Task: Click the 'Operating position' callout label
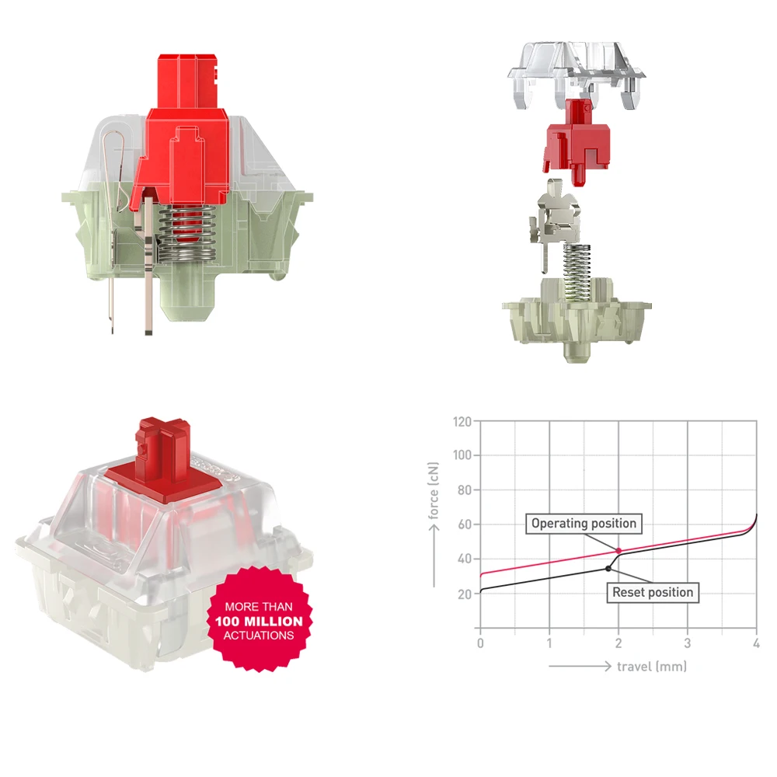584,523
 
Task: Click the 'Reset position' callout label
653,592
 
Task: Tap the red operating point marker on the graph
618,551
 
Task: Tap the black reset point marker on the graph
608,569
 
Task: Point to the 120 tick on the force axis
462,422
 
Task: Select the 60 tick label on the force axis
465,524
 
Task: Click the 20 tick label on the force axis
465,594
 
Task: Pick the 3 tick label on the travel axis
688,643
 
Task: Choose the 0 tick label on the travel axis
480,643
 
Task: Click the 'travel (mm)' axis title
652,667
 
